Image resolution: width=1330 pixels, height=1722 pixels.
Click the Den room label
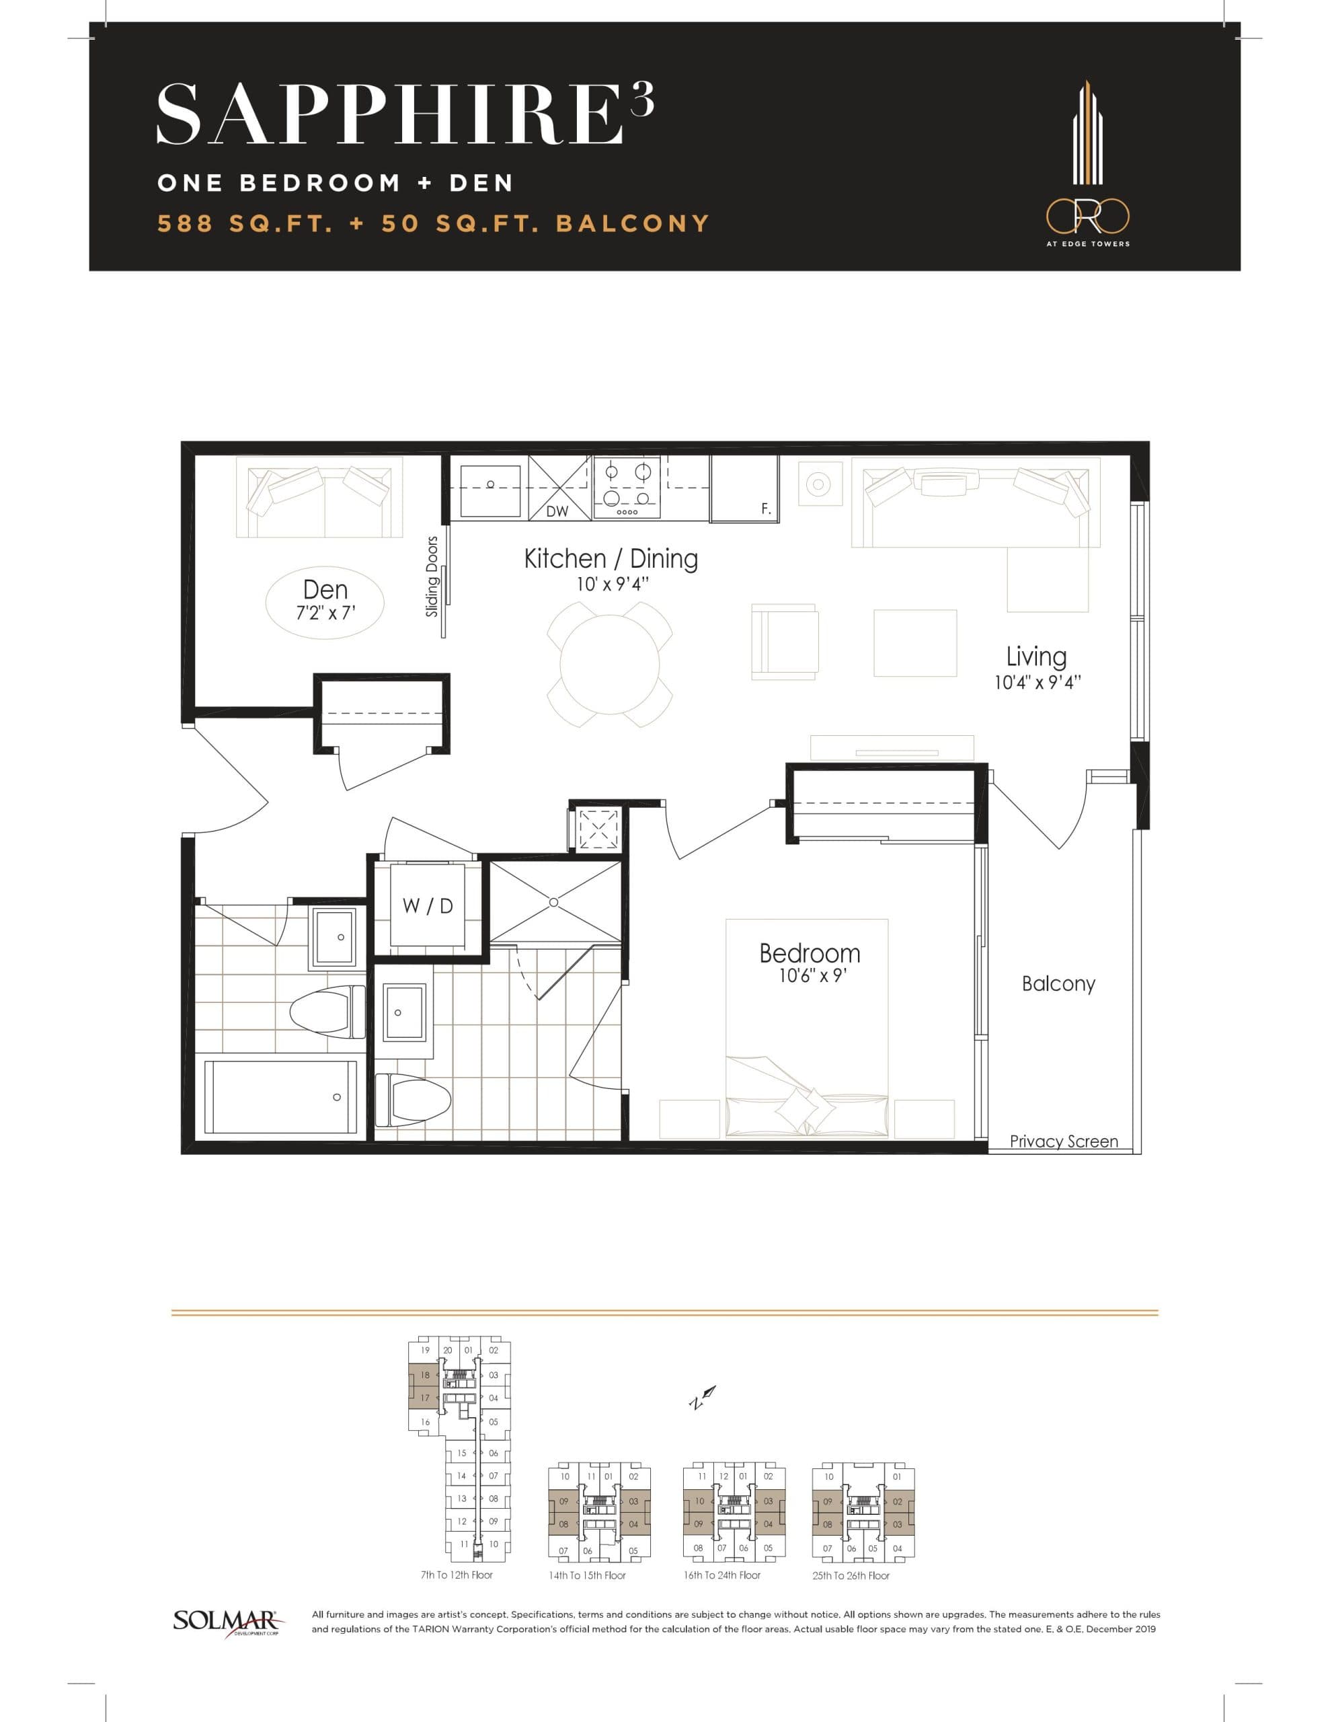click(325, 590)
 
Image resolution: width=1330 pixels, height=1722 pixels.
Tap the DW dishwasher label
click(557, 512)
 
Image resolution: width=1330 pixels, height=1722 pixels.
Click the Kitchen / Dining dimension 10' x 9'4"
click(612, 585)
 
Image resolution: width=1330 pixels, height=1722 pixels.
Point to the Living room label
click(1036, 657)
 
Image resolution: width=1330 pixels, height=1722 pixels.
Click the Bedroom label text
click(809, 953)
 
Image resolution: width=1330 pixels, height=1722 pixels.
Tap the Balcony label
click(1058, 983)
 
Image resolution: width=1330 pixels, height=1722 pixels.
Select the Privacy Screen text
click(1063, 1141)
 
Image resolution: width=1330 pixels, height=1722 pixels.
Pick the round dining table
click(609, 664)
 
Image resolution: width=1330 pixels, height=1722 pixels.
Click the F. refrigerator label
click(765, 509)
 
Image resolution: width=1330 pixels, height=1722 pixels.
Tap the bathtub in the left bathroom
click(280, 1096)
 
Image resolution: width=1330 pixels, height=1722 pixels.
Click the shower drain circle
click(553, 902)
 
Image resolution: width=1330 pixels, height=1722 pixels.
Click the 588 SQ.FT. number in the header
click(186, 224)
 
